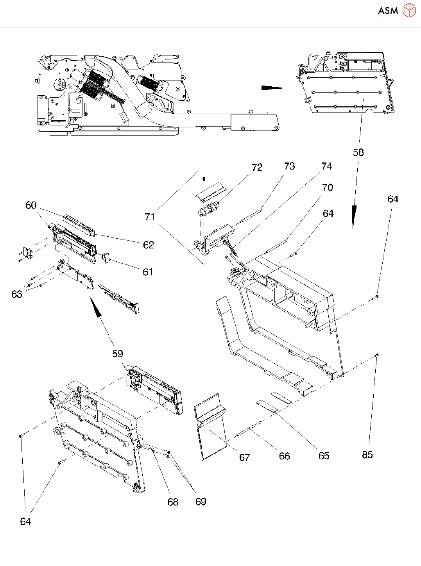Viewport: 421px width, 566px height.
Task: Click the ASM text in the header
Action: (x=388, y=11)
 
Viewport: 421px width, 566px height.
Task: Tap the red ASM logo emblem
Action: (x=409, y=11)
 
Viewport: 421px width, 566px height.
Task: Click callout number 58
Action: (x=358, y=152)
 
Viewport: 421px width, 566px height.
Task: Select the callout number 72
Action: (x=257, y=167)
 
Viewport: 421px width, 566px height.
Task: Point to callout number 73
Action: (x=289, y=166)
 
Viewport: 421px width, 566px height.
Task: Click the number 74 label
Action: (x=327, y=166)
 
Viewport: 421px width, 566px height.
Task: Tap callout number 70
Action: (x=327, y=187)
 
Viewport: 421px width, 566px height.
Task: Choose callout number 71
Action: (x=150, y=217)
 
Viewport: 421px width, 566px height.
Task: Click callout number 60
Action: (x=30, y=205)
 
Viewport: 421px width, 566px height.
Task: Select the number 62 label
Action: (x=149, y=245)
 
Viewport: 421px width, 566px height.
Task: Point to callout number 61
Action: (x=148, y=272)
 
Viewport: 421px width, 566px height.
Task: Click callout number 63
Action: (x=16, y=294)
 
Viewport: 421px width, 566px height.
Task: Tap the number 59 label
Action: (x=118, y=354)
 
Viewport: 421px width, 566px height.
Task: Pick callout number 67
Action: (x=244, y=457)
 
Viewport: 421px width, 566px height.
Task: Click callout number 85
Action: (x=367, y=455)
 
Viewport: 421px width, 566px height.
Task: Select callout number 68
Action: (x=173, y=502)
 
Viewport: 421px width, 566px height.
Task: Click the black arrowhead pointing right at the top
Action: (x=274, y=88)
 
